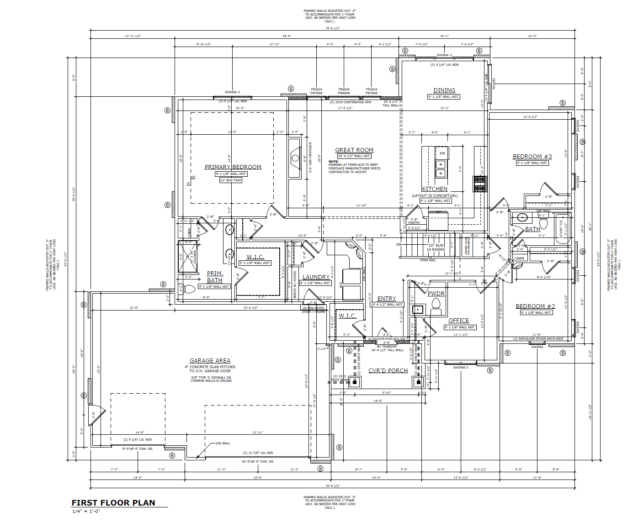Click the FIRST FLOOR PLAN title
(113, 503)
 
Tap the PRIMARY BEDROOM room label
(233, 167)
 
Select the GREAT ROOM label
(354, 150)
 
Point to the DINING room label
(444, 90)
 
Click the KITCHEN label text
(435, 189)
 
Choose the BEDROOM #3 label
(532, 157)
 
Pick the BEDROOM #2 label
(535, 306)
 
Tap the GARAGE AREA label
(210, 361)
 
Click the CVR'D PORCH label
(388, 371)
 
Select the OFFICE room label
(458, 321)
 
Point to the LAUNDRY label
(316, 277)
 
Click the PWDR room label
(436, 294)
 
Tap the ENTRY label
(387, 299)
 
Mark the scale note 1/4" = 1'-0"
(86, 511)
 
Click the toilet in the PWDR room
(436, 305)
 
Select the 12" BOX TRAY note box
(231, 180)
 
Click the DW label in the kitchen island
(442, 153)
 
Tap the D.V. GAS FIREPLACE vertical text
(310, 157)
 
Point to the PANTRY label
(414, 223)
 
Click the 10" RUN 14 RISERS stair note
(436, 248)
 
